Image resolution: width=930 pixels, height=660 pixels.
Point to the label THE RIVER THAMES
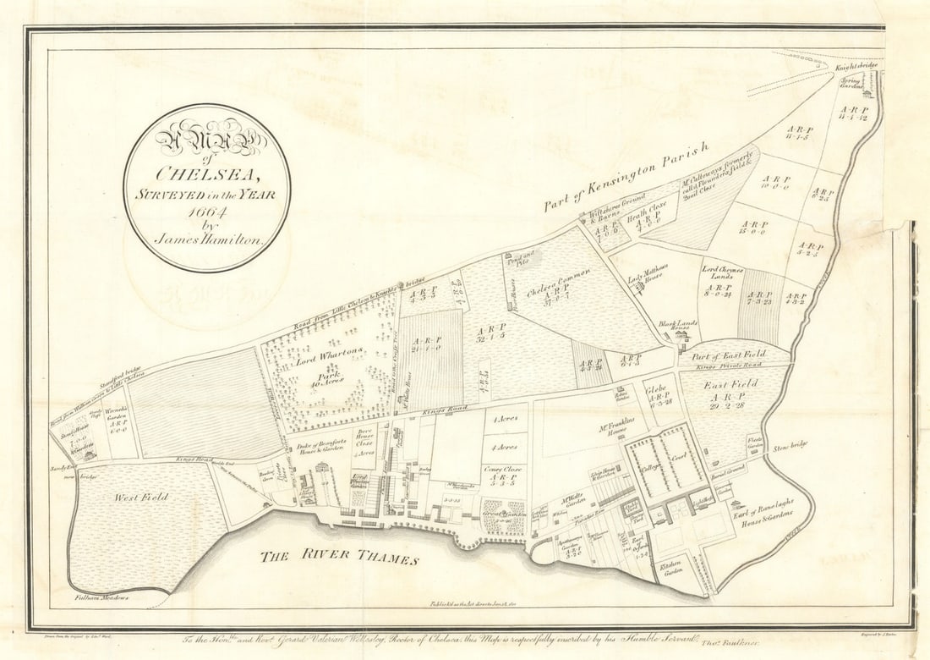coord(338,557)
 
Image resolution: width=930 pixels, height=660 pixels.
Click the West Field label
coord(141,498)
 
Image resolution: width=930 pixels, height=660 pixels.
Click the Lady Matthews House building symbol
coord(641,288)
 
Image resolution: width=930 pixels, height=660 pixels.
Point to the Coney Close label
coord(504,470)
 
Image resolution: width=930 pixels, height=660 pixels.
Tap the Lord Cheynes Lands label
coord(722,273)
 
